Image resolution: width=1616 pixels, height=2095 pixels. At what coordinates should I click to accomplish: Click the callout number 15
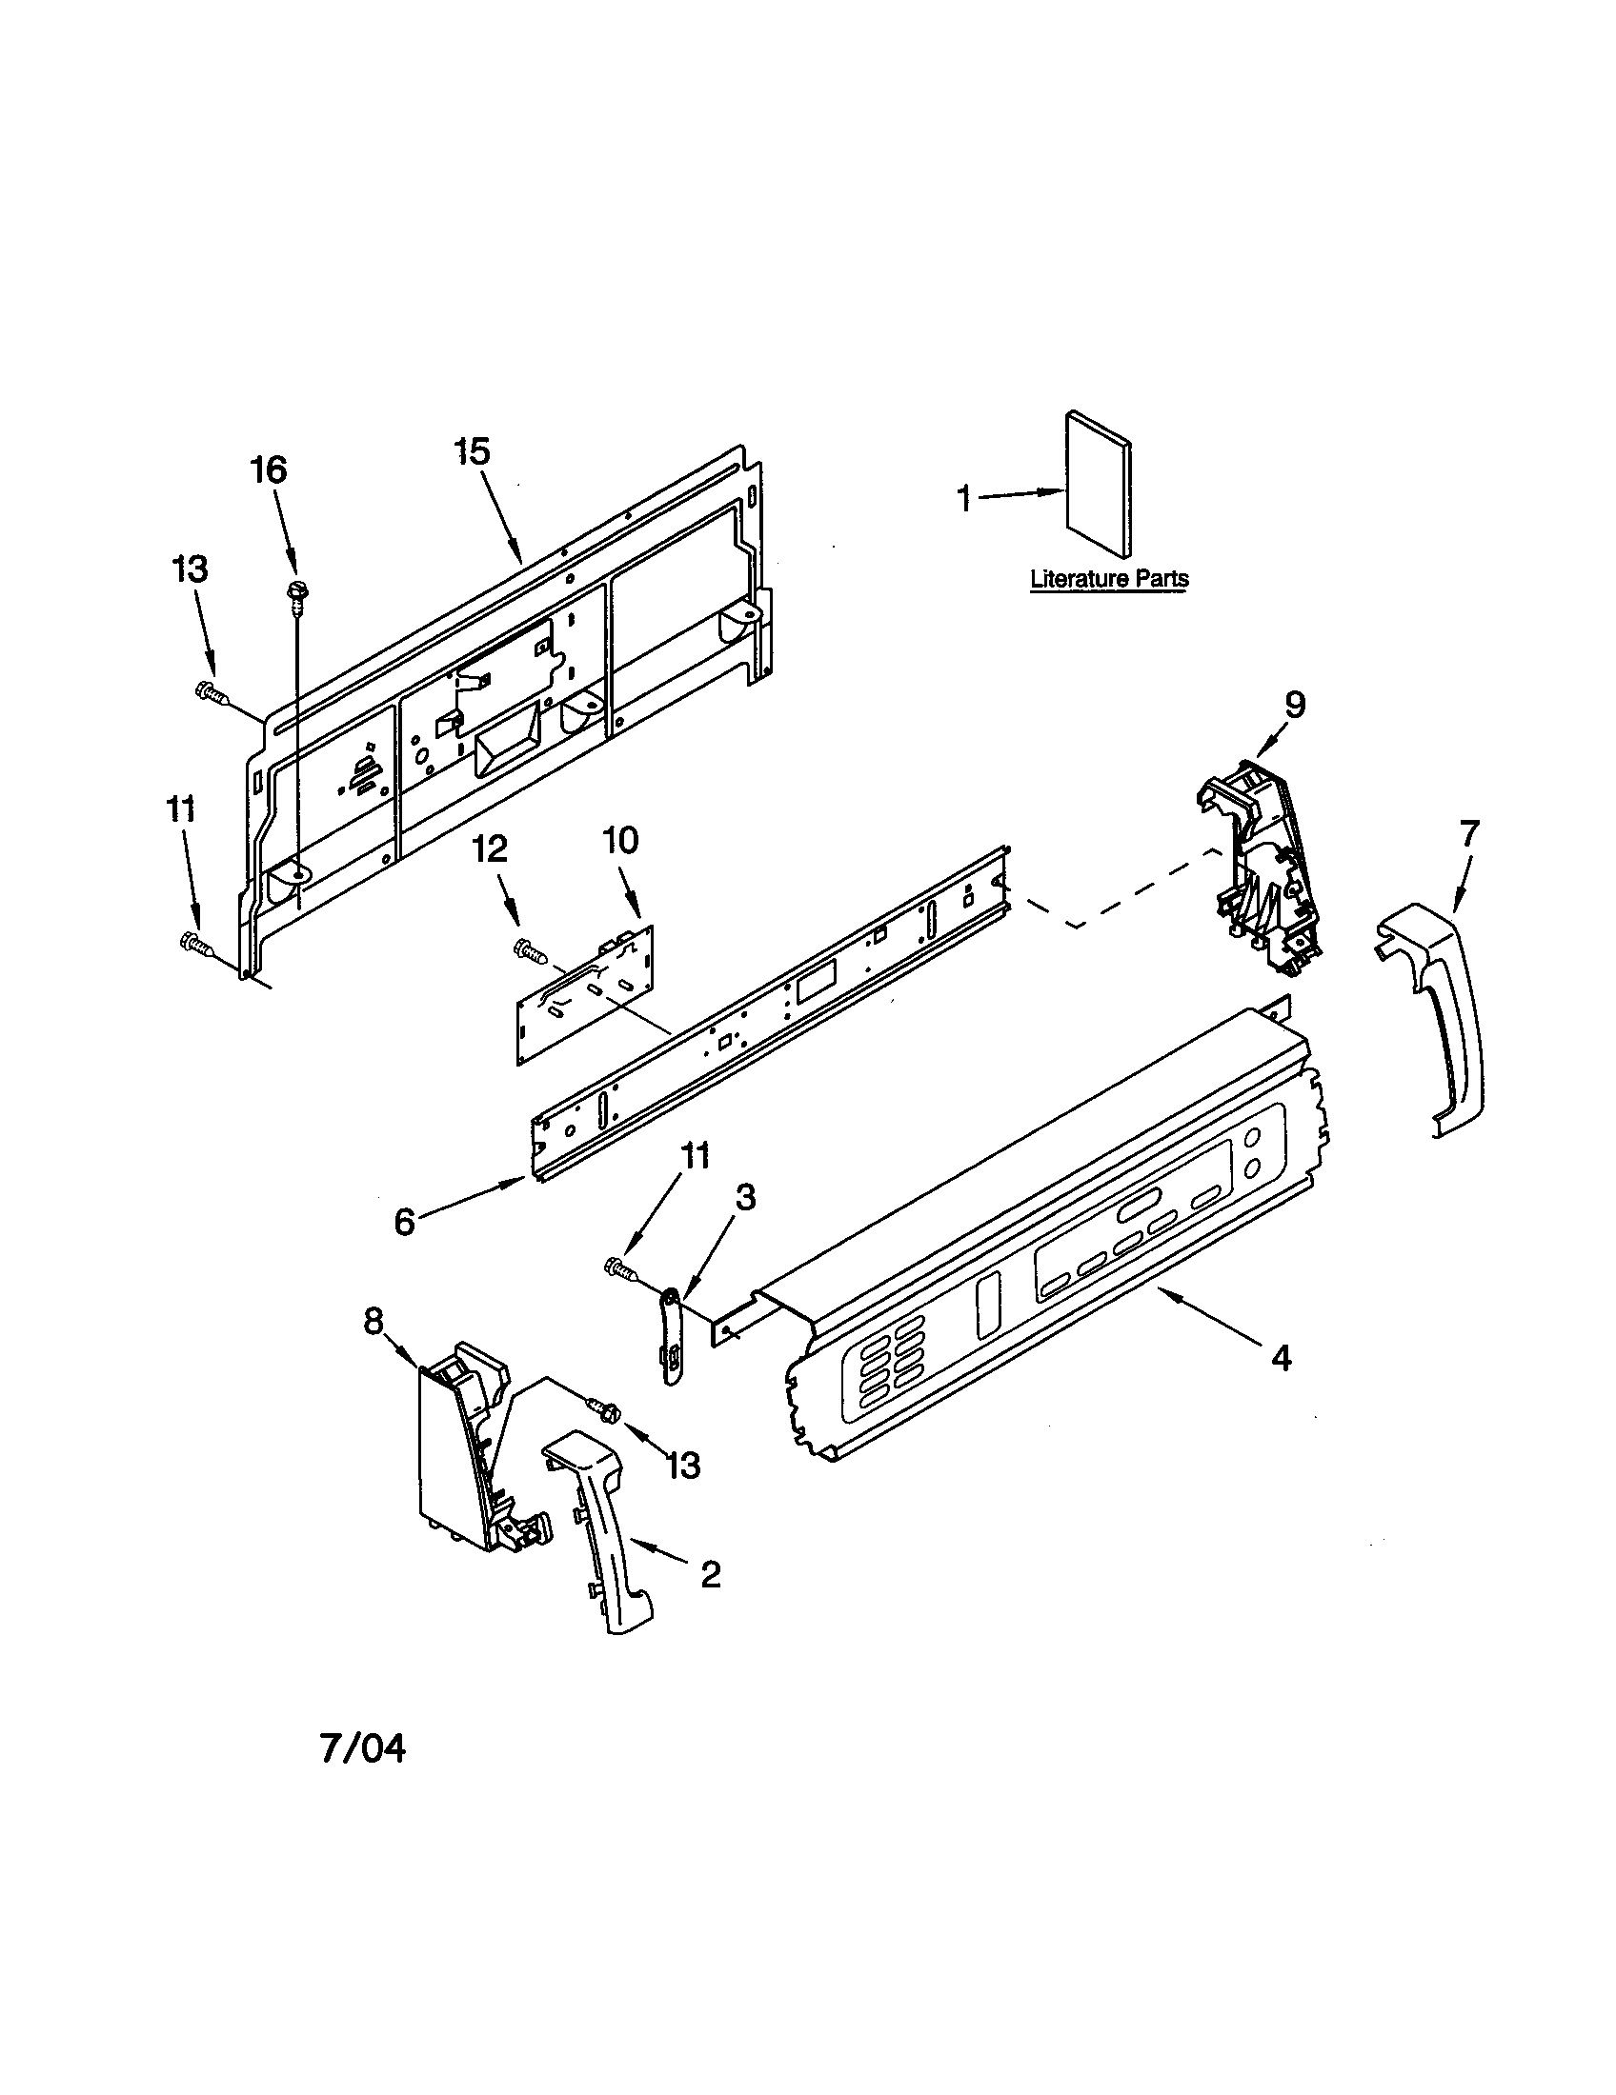(x=473, y=451)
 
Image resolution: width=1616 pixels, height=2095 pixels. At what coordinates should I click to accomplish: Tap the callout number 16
(x=269, y=470)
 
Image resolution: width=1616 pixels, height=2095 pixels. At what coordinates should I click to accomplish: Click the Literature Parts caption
(x=1108, y=578)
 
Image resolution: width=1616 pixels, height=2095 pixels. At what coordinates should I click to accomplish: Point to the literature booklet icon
(x=1098, y=484)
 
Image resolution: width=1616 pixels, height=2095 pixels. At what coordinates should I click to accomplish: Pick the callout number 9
(x=1295, y=705)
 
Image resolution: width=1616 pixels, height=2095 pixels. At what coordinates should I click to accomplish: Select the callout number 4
(x=1283, y=1357)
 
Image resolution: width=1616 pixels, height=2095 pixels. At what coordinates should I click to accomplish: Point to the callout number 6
(x=405, y=1222)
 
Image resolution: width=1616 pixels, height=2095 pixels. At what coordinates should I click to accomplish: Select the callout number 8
(x=373, y=1321)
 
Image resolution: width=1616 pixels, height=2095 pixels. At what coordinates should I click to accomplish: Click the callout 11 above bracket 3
(x=695, y=1157)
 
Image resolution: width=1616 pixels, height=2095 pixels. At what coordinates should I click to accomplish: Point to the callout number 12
(x=491, y=848)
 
